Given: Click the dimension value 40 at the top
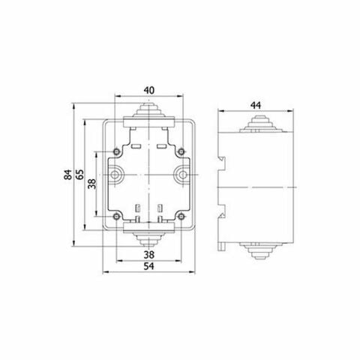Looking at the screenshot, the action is pos(149,90).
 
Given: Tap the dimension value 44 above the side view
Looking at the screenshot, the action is pos(256,106).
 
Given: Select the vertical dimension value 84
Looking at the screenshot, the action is pos(67,175).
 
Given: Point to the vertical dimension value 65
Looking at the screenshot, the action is pos(79,175).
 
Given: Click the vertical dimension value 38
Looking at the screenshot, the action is pos(92,184).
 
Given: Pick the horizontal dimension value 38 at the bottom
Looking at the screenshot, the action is pos(149,255).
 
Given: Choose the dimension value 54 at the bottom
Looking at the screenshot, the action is pos(149,266).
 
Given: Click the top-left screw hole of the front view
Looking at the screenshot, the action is pos(116,151).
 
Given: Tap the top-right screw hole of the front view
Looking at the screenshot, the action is pos(181,151).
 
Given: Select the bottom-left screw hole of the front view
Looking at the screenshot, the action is pos(116,217).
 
